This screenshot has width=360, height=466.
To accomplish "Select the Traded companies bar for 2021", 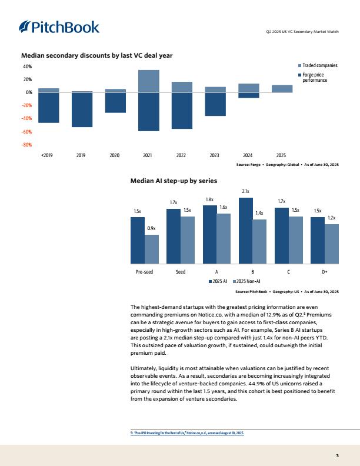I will pyautogui.click(x=148, y=81).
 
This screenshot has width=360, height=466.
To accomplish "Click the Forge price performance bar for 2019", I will pyautogui.click(x=82, y=110).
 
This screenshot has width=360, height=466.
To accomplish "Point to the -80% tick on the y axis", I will pyautogui.click(x=27, y=145).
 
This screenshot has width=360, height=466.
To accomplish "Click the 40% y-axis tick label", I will pyautogui.click(x=28, y=67).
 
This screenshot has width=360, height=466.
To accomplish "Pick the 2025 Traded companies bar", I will pyautogui.click(x=282, y=89).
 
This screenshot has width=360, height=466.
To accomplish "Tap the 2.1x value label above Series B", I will pyautogui.click(x=246, y=191).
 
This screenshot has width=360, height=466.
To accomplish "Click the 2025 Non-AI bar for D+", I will pyautogui.click(x=332, y=244).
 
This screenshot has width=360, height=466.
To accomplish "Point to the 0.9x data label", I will pyautogui.click(x=152, y=228).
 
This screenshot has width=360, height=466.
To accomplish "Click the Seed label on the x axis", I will pyautogui.click(x=181, y=272).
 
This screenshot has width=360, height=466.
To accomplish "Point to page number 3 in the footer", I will pyautogui.click(x=337, y=455).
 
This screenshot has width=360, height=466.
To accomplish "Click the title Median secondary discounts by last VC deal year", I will pyautogui.click(x=96, y=55).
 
